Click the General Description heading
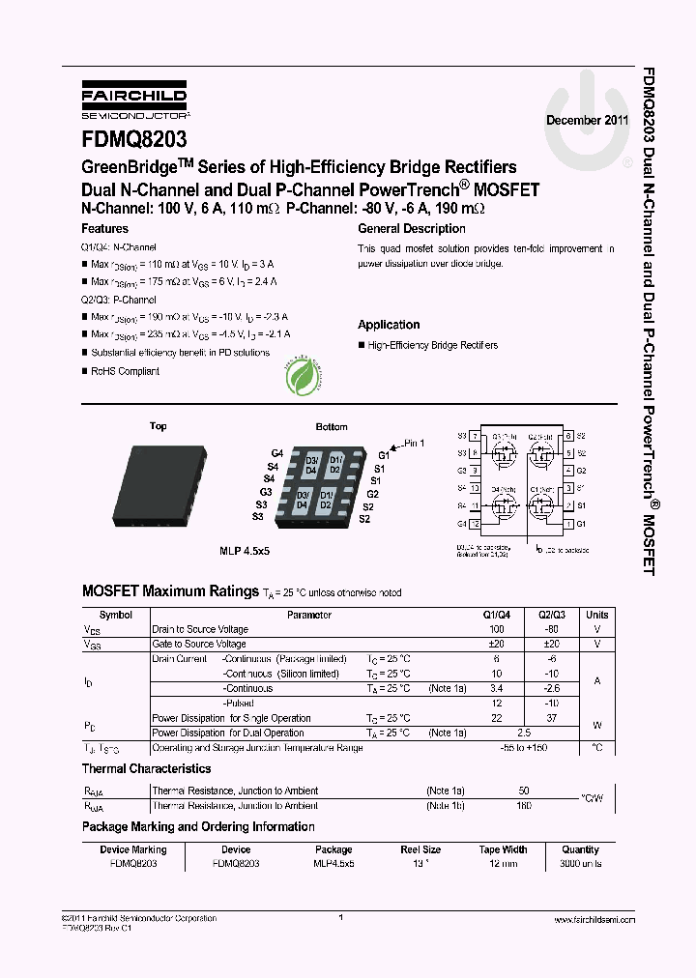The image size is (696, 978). tap(412, 229)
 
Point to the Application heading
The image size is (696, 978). tap(389, 325)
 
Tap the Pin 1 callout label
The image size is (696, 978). tap(413, 443)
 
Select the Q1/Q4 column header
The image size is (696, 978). tap(497, 615)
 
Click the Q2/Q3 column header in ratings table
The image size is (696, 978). tap(551, 615)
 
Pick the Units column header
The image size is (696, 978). tap(597, 615)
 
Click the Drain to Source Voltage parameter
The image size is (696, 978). tap(200, 629)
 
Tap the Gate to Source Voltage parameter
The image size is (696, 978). tap(199, 644)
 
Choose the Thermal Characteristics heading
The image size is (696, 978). tap(146, 769)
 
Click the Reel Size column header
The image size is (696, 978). tap(420, 850)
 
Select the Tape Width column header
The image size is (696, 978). tap(503, 850)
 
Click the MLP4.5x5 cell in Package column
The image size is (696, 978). tap(334, 864)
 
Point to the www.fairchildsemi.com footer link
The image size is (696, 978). tap(589, 920)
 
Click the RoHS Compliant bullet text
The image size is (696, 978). tap(125, 371)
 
